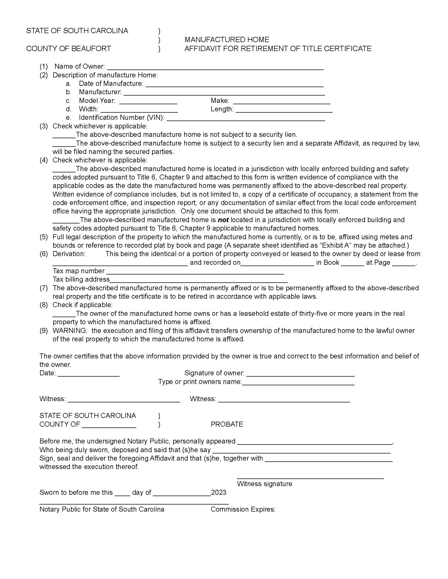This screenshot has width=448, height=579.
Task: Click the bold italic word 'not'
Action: (x=223, y=220)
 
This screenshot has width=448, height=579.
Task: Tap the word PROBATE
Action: (x=227, y=424)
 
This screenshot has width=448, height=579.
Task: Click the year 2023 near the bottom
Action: (x=218, y=492)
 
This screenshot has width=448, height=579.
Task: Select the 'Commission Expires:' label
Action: (x=243, y=509)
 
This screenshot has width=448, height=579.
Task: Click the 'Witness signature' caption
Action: (x=264, y=484)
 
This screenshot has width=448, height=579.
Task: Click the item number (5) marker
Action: (x=43, y=237)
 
